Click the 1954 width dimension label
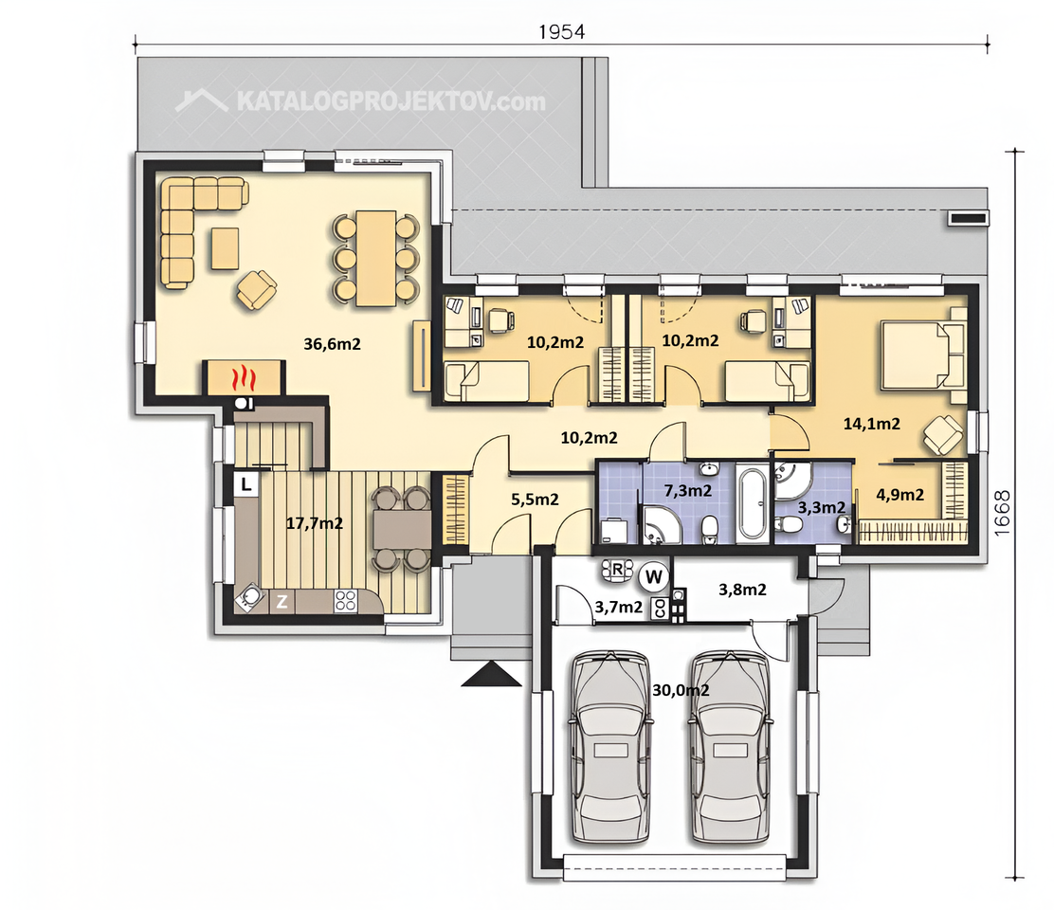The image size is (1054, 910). pyautogui.click(x=561, y=31)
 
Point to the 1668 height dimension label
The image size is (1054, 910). pyautogui.click(x=1002, y=513)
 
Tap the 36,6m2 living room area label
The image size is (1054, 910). pyautogui.click(x=332, y=344)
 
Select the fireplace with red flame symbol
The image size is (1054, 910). pyautogui.click(x=244, y=378)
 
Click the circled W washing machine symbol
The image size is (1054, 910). pyautogui.click(x=653, y=576)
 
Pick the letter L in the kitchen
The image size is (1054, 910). pyautogui.click(x=246, y=483)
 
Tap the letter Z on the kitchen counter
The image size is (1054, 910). pyautogui.click(x=282, y=602)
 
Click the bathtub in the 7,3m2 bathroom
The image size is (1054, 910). pyautogui.click(x=752, y=502)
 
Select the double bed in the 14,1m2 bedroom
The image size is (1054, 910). pyautogui.click(x=923, y=355)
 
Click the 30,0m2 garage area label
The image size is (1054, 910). pyautogui.click(x=681, y=690)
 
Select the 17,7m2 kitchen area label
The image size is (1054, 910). pyautogui.click(x=315, y=523)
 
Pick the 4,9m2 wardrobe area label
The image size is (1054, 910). pyautogui.click(x=900, y=495)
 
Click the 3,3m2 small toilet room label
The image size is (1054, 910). pyautogui.click(x=822, y=507)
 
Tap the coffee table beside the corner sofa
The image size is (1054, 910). pyautogui.click(x=226, y=248)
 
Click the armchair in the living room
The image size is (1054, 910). pyautogui.click(x=256, y=290)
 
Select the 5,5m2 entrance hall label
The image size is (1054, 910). pyautogui.click(x=536, y=500)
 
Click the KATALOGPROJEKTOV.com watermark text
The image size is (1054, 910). pyautogui.click(x=391, y=101)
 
